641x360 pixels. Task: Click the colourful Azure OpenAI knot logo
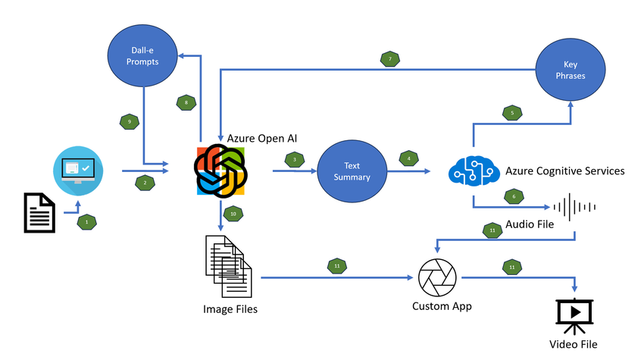pyautogui.click(x=221, y=171)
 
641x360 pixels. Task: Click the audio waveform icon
pyautogui.click(x=574, y=205)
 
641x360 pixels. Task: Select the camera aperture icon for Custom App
pyautogui.click(x=439, y=277)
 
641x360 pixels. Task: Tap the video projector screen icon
pyautogui.click(x=574, y=315)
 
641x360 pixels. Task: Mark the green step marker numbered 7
pyautogui.click(x=390, y=58)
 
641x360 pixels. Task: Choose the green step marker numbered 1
pyautogui.click(x=87, y=222)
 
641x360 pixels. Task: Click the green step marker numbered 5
pyautogui.click(x=511, y=114)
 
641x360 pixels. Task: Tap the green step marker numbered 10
pyautogui.click(x=233, y=214)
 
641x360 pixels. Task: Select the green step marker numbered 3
pyautogui.click(x=293, y=160)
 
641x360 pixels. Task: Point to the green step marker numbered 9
pyautogui.click(x=129, y=121)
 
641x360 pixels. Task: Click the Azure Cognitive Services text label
pyautogui.click(x=565, y=171)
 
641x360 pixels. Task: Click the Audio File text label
pyautogui.click(x=530, y=225)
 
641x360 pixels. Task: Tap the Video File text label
pyautogui.click(x=574, y=345)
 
